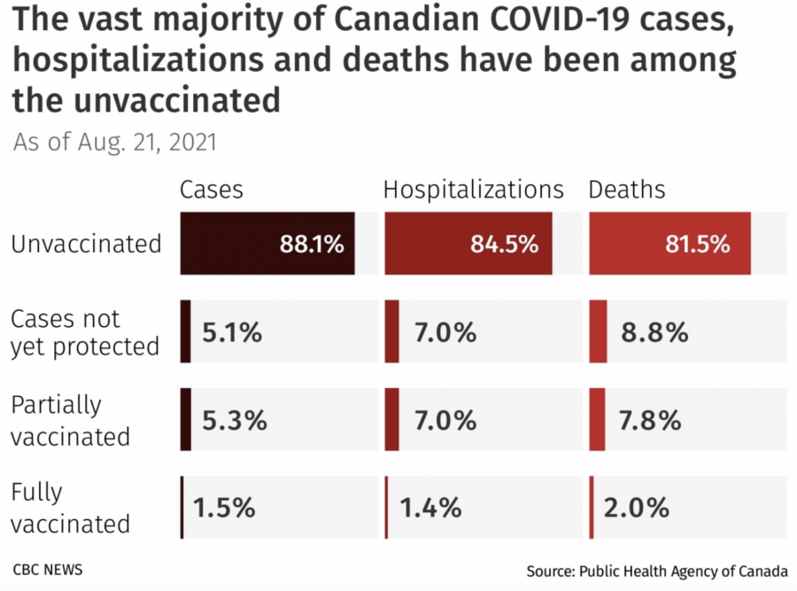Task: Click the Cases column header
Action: [211, 191]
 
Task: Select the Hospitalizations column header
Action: [473, 191]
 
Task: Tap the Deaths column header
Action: [627, 191]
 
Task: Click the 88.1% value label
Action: [312, 245]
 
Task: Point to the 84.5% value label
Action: [505, 245]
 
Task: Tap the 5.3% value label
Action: [235, 420]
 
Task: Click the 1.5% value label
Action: [225, 508]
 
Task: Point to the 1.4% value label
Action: [430, 508]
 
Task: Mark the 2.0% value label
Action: [636, 508]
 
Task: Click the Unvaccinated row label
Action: [87, 245]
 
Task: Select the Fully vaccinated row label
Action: [71, 508]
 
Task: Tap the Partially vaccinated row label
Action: [71, 420]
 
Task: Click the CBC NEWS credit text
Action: [48, 569]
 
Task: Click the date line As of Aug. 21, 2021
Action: [115, 142]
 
